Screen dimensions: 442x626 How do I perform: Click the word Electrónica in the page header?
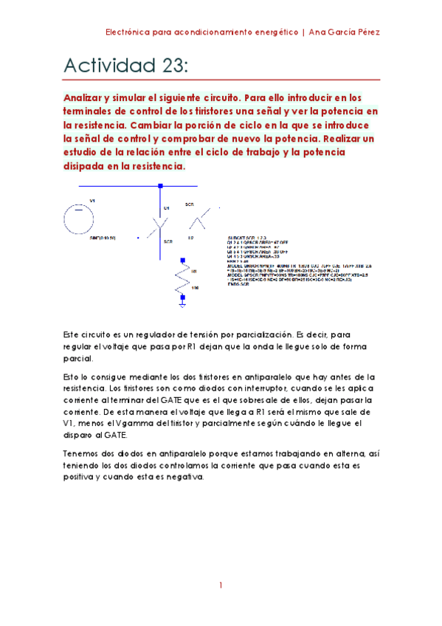point(130,32)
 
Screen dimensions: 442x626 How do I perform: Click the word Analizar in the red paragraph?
point(85,97)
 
